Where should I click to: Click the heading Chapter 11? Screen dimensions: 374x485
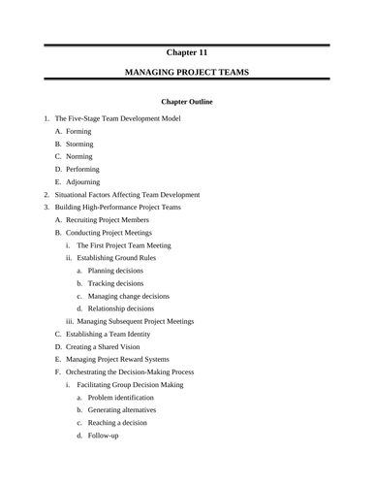pos(186,52)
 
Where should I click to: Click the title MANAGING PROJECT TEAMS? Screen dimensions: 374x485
pos(186,73)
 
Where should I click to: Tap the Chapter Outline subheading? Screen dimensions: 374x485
pos(186,101)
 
